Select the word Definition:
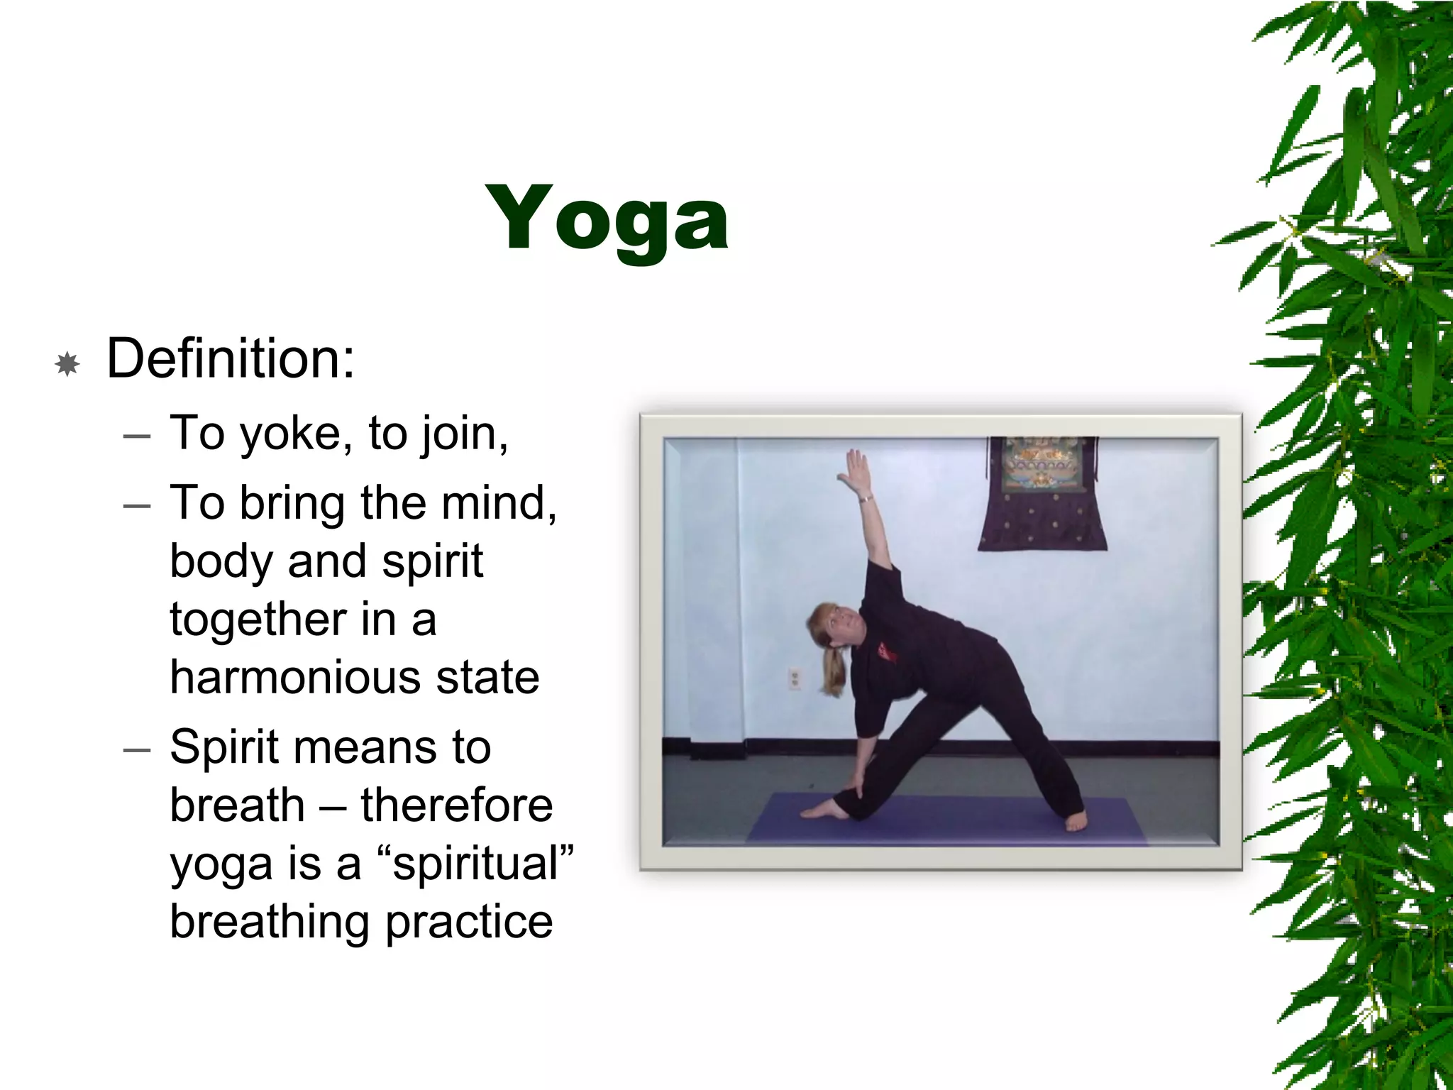231,359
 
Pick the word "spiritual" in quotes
477,864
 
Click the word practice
469,922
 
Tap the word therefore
456,805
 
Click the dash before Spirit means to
137,749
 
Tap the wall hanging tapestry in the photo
1042,497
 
